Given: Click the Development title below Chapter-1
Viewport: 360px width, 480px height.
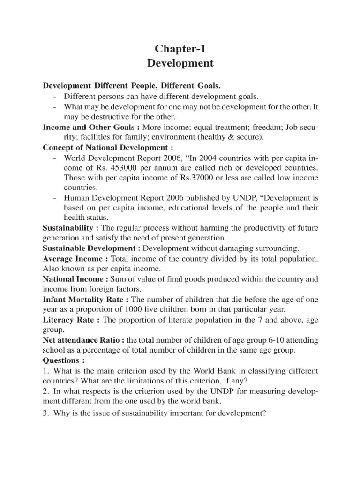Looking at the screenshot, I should [x=180, y=63].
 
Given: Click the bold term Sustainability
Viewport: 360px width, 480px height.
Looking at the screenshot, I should [x=71, y=228].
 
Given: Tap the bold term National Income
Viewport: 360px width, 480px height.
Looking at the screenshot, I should [x=74, y=279].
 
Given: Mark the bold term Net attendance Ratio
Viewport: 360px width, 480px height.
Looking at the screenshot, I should [x=80, y=340].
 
